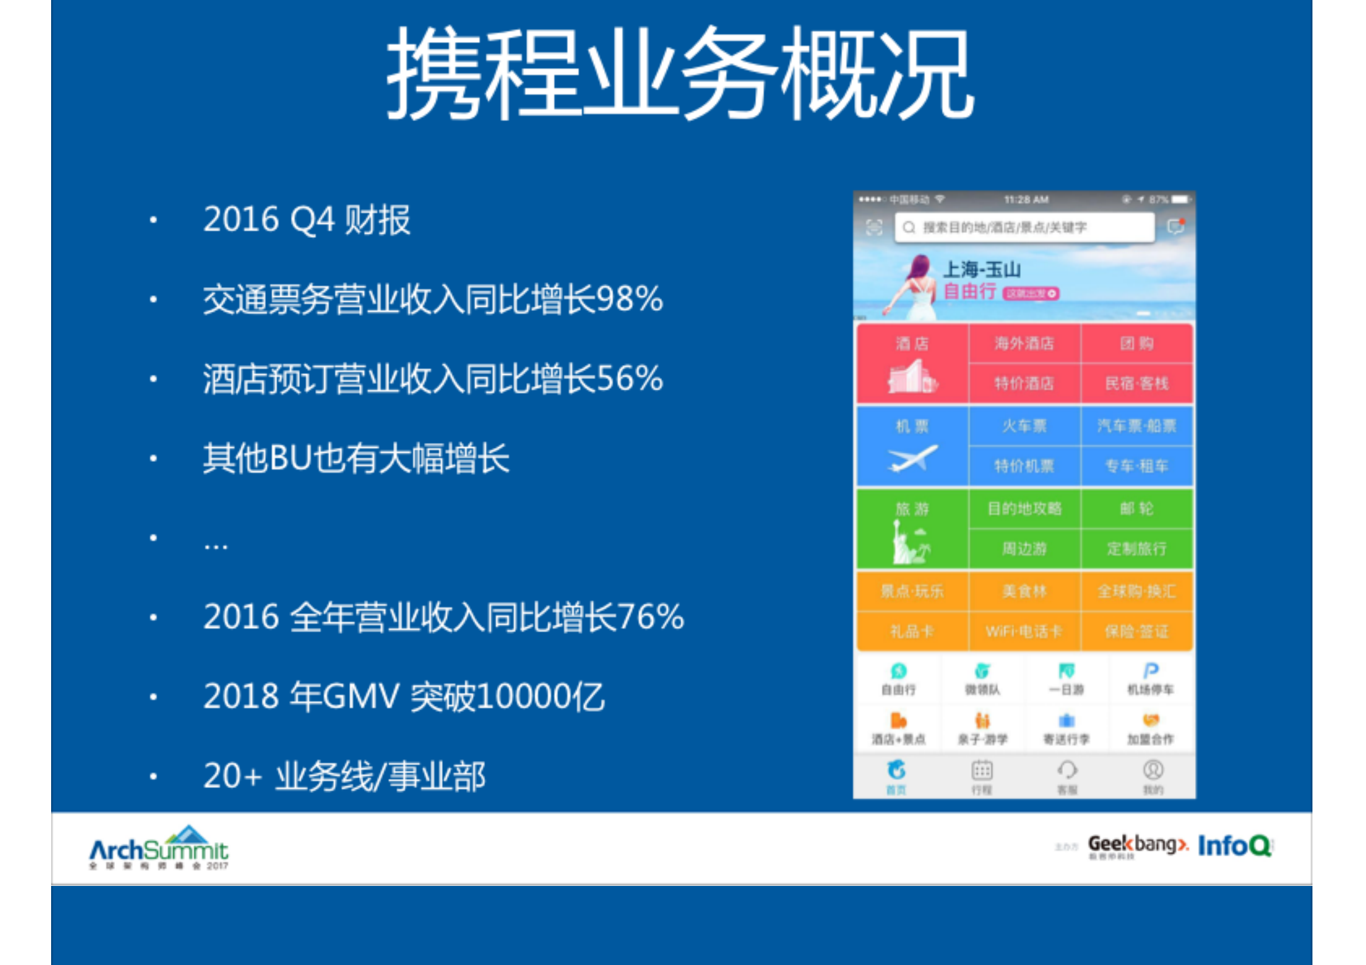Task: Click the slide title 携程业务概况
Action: [x=680, y=73]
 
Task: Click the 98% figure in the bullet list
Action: [x=629, y=299]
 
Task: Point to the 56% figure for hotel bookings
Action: [x=629, y=378]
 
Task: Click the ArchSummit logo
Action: [x=159, y=847]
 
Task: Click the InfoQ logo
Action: [x=1235, y=846]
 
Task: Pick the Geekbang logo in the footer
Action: [x=1137, y=845]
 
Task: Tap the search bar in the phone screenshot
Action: [x=1024, y=228]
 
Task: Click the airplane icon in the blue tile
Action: [x=912, y=459]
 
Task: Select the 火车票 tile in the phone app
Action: [x=1024, y=426]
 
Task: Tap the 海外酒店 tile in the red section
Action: [x=1024, y=344]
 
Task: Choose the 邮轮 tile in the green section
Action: [x=1137, y=509]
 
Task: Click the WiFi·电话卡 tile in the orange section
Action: [x=1024, y=632]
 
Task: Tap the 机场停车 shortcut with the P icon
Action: [x=1150, y=678]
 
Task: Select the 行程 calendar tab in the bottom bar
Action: [x=981, y=776]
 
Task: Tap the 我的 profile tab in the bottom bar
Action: [x=1153, y=776]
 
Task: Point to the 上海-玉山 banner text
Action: [x=981, y=270]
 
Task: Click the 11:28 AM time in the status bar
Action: [x=1026, y=200]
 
